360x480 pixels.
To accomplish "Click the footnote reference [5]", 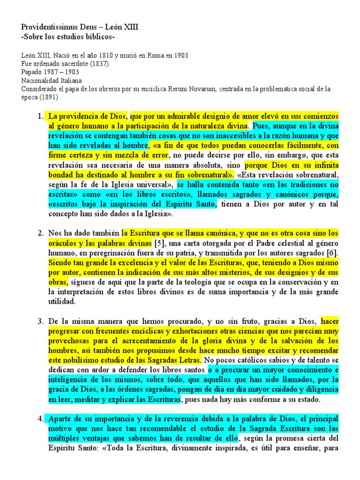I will point(159,244).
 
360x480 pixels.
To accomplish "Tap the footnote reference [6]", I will point(332,254).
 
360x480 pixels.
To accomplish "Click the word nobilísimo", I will point(80,360).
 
